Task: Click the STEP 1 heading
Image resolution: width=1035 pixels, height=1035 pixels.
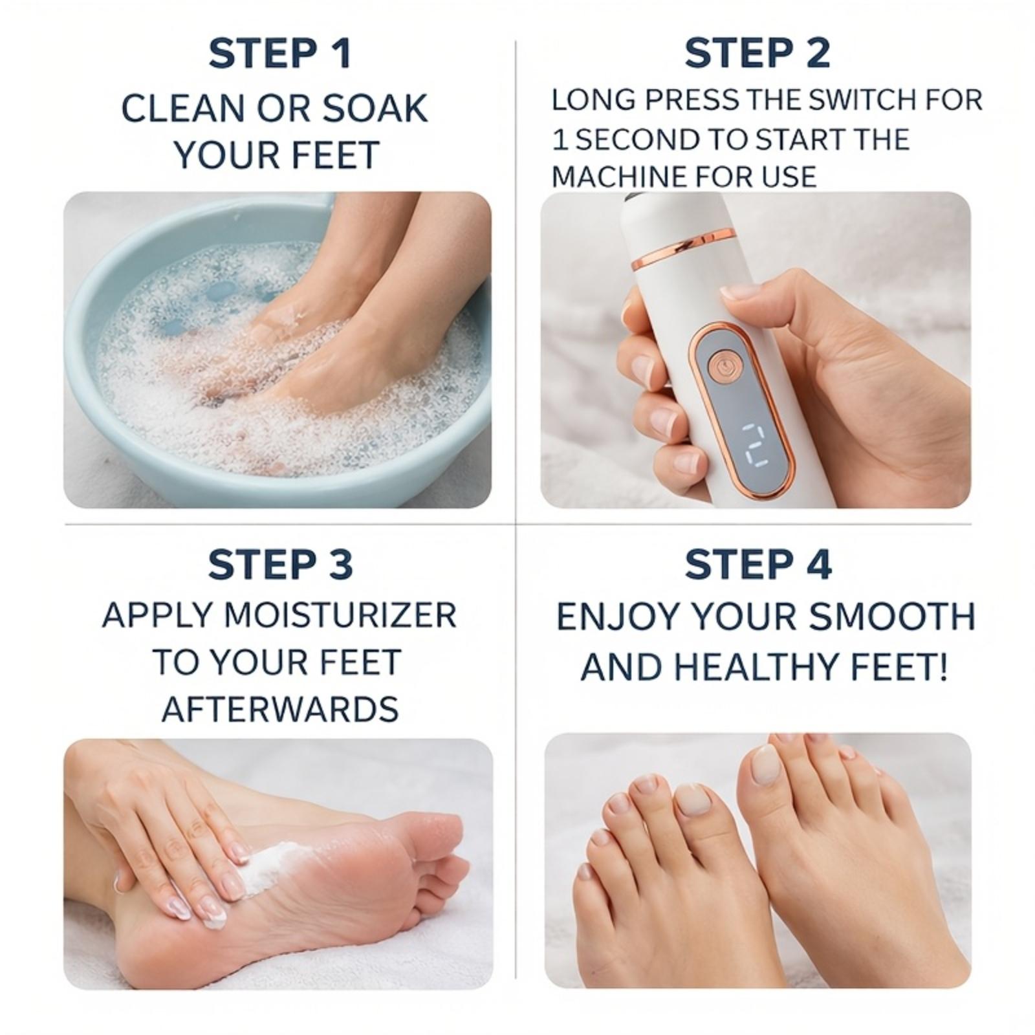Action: pyautogui.click(x=279, y=54)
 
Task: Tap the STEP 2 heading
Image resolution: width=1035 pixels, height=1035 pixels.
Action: pyautogui.click(x=757, y=54)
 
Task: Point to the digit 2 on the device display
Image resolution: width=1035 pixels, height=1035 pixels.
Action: pyautogui.click(x=754, y=446)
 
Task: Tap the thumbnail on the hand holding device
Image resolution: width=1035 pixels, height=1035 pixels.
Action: pyautogui.click(x=740, y=292)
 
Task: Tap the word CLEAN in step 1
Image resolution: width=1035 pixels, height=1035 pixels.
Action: pyautogui.click(x=184, y=108)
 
